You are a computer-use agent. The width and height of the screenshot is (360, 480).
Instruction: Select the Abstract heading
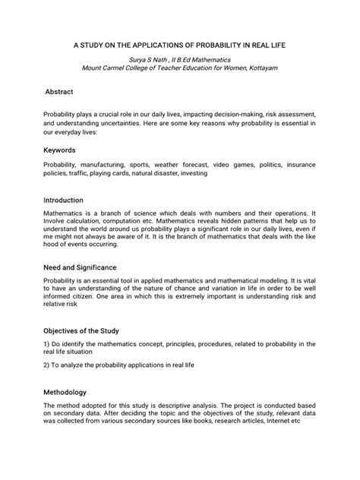(60, 91)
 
